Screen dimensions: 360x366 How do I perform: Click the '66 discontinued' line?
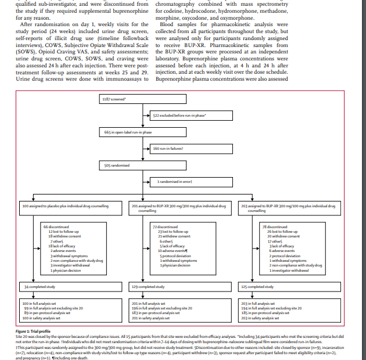tap(57, 226)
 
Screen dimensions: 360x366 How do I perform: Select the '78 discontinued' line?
tap(275, 226)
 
